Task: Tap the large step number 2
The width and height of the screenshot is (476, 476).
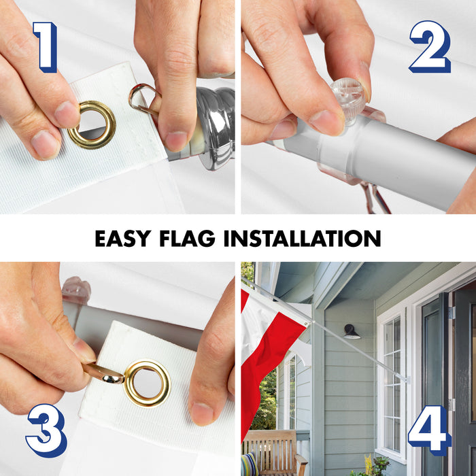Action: (430, 47)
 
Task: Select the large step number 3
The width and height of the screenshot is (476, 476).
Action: (46, 430)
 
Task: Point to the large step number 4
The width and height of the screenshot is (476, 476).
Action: (429, 430)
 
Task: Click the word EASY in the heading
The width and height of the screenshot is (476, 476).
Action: (123, 238)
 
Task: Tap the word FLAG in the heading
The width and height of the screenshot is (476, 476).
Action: (187, 238)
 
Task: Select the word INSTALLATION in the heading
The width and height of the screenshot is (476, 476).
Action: (302, 238)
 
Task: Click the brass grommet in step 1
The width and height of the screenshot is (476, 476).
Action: (91, 125)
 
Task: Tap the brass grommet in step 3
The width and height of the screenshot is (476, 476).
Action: (148, 383)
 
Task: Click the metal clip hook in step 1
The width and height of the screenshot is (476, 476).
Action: (143, 99)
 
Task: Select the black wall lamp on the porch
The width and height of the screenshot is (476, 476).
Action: (352, 332)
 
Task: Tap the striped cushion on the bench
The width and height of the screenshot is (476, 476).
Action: (250, 464)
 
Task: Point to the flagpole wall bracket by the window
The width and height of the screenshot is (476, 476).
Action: (405, 379)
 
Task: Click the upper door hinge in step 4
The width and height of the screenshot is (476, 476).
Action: (452, 313)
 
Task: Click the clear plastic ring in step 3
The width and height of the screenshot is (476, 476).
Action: (76, 289)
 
